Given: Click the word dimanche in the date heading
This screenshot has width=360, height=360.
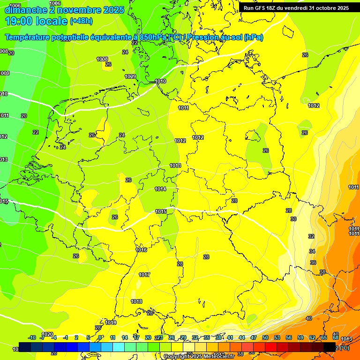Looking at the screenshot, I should pos(23,10).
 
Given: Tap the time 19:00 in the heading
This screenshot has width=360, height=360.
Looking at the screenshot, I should pos(20,21).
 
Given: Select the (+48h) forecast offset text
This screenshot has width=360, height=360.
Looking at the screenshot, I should pos(81,21).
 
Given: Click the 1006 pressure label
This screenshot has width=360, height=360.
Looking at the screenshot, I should pos(15,6).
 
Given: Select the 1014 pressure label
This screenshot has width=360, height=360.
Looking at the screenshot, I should pos(160,189).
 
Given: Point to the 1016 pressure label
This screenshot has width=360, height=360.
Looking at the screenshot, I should pos(141,250).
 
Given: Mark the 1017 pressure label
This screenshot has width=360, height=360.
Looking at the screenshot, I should pos(144,275).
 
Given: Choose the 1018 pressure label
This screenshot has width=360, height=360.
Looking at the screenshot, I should pos(136,302).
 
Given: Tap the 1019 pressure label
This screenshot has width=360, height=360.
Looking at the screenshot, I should pos(111,323).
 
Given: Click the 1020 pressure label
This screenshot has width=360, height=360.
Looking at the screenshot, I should pos(47,348).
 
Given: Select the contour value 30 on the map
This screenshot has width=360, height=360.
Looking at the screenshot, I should pos(293,219).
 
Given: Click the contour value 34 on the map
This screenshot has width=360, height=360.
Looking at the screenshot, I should pos(312,252).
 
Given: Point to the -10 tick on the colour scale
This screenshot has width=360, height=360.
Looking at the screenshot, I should pos(32,337).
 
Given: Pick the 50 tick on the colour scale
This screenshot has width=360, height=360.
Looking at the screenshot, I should pos(265,337).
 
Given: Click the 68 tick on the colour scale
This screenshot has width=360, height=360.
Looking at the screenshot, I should pos(336,337).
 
